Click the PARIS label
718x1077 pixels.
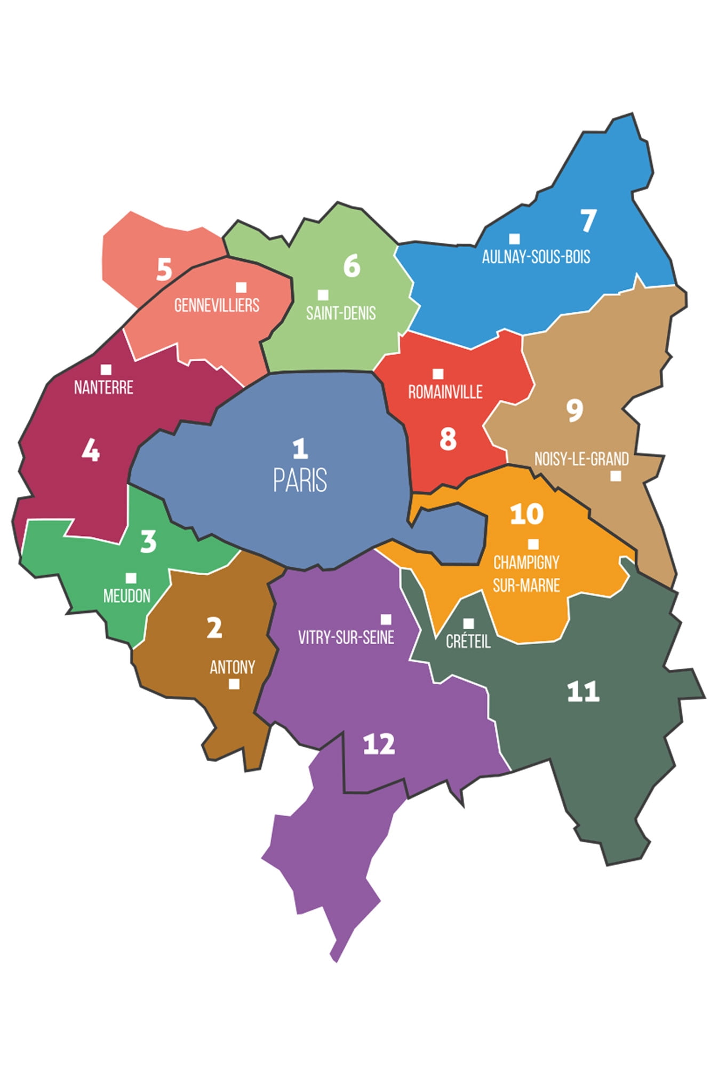coord(300,480)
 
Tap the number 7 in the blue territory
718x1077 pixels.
coord(588,220)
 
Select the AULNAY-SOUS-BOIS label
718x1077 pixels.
coord(536,257)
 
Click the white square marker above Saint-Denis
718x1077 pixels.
coord(323,295)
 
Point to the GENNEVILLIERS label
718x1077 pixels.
coord(217,305)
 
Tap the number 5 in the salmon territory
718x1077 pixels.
coord(164,269)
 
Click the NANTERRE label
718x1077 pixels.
coord(103,387)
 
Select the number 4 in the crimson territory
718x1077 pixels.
coord(91,451)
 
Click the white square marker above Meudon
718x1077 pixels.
coord(131,578)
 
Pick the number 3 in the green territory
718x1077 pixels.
coord(148,541)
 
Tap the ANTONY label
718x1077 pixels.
coord(232,667)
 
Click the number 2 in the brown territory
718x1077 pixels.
coord(214,628)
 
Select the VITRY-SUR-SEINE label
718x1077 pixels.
coord(346,637)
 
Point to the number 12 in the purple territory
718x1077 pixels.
coord(379,744)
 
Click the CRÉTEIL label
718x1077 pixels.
coord(468,642)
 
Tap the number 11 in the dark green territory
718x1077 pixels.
coord(583,692)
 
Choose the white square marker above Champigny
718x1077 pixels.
coord(533,544)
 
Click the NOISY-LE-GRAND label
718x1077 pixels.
coord(581,459)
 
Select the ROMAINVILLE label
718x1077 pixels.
coord(445,392)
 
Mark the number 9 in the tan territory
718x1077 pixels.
coord(574,410)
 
